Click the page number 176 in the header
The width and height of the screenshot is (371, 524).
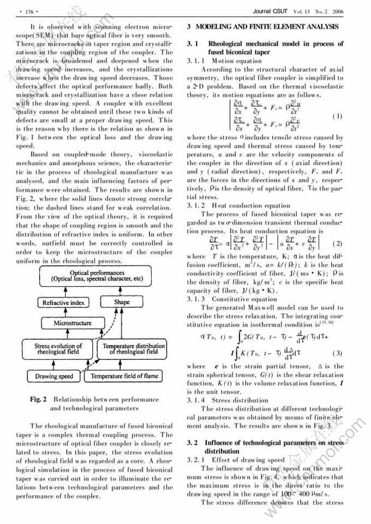[27, 10]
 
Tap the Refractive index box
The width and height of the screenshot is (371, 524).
[63, 302]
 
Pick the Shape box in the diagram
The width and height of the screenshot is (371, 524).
[122, 302]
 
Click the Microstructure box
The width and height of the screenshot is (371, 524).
[72, 323]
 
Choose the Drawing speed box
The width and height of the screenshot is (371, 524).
[54, 376]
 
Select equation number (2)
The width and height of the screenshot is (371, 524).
[337, 243]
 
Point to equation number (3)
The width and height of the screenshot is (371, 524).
[337, 353]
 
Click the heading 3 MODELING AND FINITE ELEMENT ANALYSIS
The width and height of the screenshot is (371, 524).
[262, 26]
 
